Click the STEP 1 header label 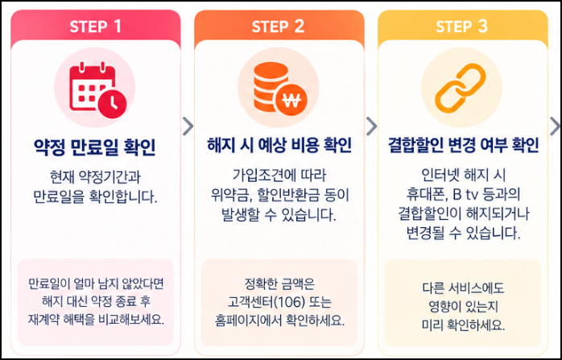[x=95, y=27]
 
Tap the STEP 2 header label [x=278, y=27]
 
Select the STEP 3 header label [x=461, y=27]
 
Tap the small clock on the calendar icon [x=112, y=103]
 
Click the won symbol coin [x=291, y=101]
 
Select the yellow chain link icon [x=461, y=89]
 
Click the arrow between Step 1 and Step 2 [x=188, y=126]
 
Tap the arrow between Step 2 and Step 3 [x=371, y=126]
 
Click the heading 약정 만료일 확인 [x=95, y=147]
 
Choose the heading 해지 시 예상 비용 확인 [x=279, y=145]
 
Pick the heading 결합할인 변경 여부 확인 [x=463, y=145]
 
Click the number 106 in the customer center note [x=289, y=302]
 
